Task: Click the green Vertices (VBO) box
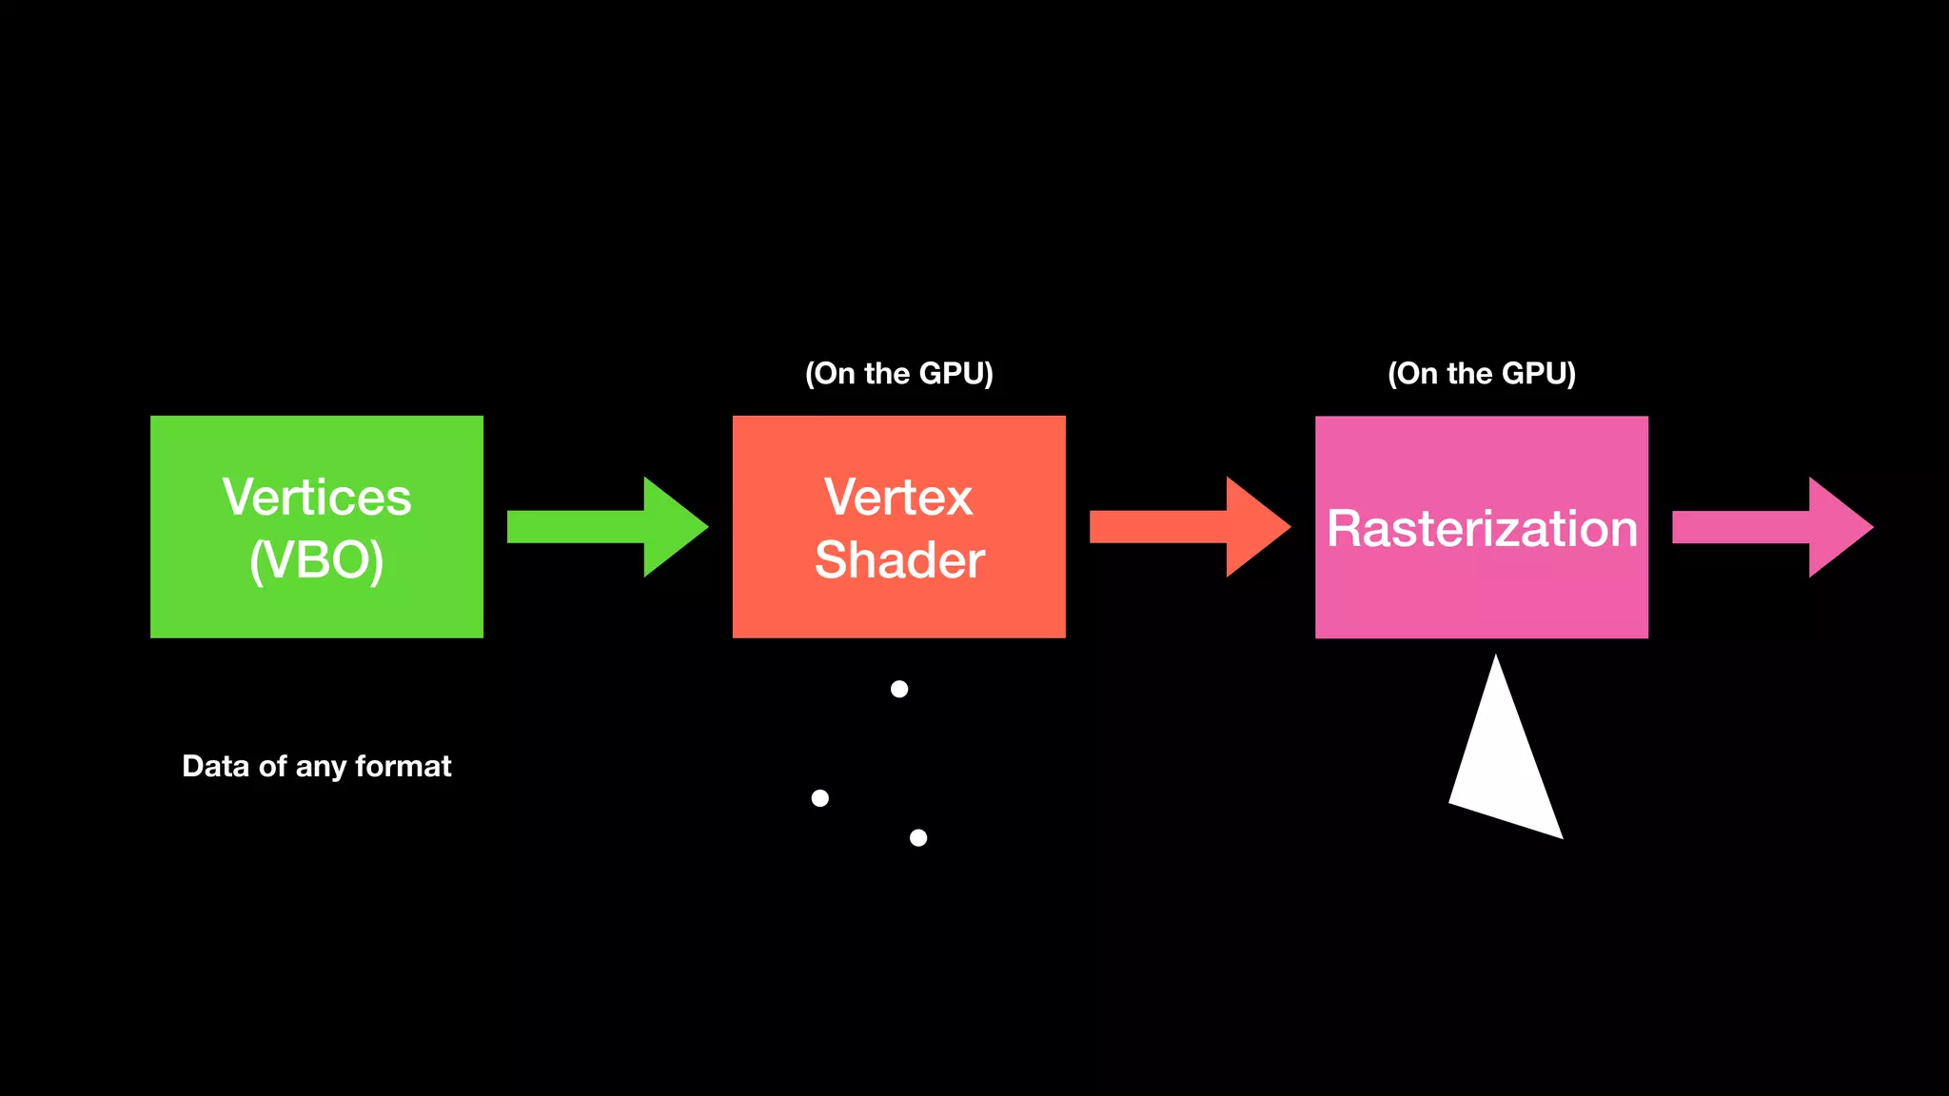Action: pos(316,609)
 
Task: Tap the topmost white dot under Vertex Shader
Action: pos(899,689)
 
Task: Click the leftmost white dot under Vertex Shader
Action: pos(819,798)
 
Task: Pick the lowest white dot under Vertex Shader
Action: pos(918,838)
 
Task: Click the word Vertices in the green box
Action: pos(317,498)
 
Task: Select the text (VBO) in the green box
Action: pos(317,560)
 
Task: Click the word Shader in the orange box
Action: pos(899,560)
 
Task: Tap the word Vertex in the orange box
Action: pos(899,498)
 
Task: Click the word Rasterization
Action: pos(1482,529)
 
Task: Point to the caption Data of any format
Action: pos(317,767)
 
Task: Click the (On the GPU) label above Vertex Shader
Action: pos(899,374)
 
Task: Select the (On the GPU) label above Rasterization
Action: pos(1482,374)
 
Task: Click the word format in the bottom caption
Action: pos(404,767)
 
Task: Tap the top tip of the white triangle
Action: pos(1496,660)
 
